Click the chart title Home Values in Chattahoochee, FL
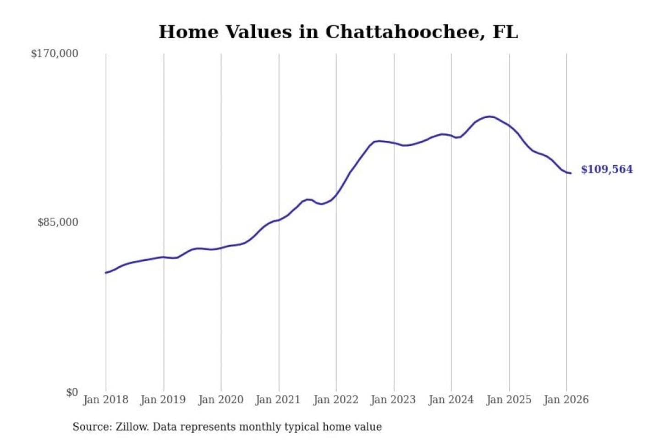click(338, 32)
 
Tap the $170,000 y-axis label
click(55, 54)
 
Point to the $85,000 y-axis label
click(58, 222)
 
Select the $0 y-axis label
click(72, 392)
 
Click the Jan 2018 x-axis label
click(105, 400)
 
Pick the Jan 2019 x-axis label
click(163, 400)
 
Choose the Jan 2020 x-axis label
click(220, 400)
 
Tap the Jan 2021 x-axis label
click(278, 400)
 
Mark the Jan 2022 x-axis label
click(335, 400)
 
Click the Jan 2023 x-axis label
click(393, 400)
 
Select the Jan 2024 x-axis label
click(451, 400)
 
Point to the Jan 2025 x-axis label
click(508, 400)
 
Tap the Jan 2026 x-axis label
click(566, 400)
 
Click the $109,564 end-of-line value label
click(606, 170)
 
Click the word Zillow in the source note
click(132, 427)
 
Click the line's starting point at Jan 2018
click(106, 273)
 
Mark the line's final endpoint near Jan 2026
click(571, 173)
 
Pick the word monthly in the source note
click(260, 427)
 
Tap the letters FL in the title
click(505, 32)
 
